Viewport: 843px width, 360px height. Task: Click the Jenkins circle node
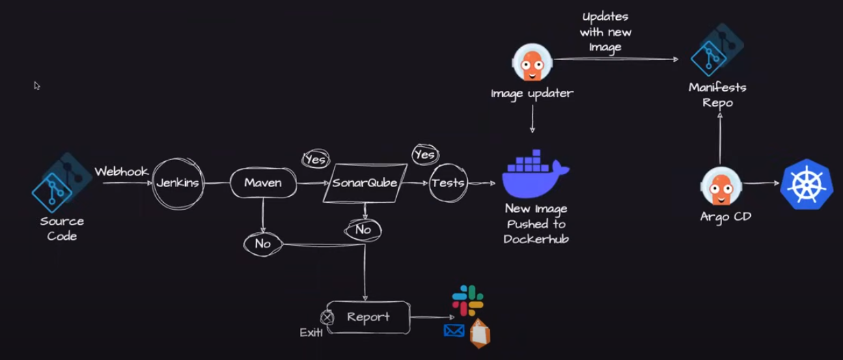[178, 183]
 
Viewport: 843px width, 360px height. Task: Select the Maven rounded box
[263, 183]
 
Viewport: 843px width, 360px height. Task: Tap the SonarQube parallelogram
[365, 183]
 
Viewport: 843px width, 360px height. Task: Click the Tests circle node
[448, 182]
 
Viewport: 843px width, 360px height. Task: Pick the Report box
[368, 318]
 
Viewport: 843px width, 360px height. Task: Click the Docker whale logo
[535, 175]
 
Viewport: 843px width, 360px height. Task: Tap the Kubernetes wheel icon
[807, 184]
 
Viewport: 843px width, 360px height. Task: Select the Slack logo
[468, 301]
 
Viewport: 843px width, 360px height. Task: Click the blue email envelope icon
[454, 331]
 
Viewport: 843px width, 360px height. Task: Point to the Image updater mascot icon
[531, 62]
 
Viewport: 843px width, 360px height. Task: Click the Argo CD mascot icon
[721, 186]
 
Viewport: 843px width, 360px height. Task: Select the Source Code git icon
[53, 191]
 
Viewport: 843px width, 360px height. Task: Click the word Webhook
[122, 171]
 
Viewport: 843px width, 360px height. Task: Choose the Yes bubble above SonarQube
[315, 160]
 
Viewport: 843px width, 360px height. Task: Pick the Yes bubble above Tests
[424, 155]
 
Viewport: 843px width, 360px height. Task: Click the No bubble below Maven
[263, 243]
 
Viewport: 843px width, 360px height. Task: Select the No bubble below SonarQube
[363, 230]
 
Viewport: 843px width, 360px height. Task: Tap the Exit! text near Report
[311, 333]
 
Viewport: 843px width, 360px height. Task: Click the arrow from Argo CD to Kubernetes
[761, 183]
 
